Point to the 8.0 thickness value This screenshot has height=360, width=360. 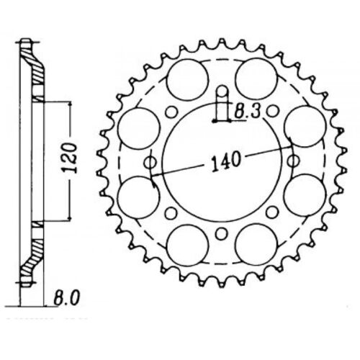(66, 296)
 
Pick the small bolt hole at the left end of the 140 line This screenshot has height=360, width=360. (150, 163)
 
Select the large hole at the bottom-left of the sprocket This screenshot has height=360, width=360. (190, 240)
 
